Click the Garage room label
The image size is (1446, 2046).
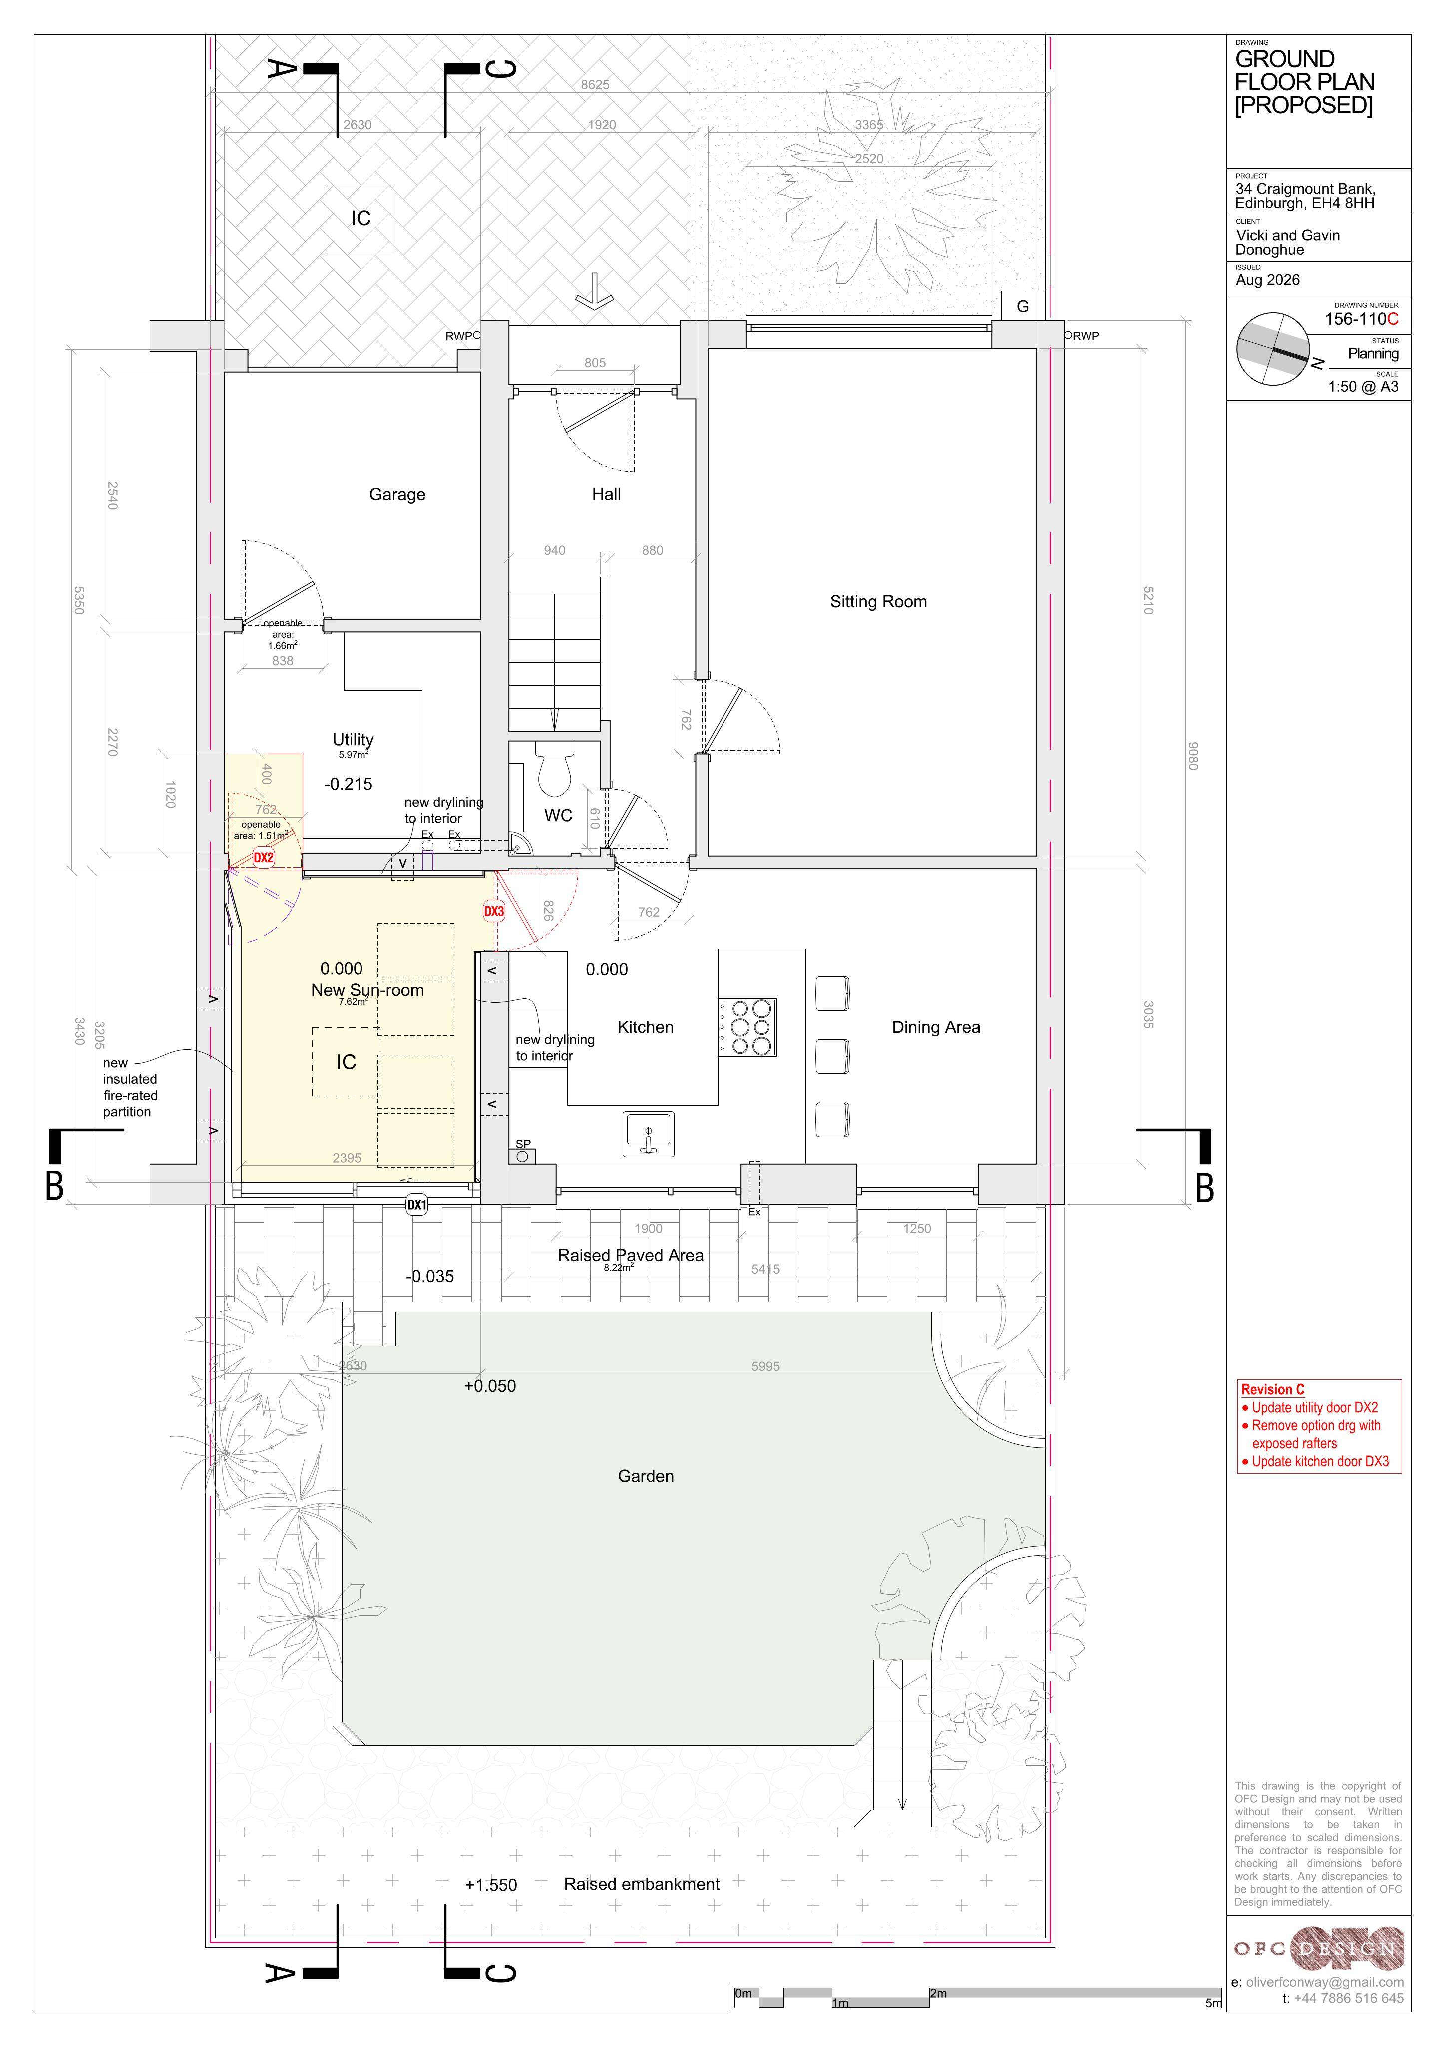(397, 495)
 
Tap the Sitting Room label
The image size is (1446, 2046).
(878, 602)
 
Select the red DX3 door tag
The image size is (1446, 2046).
(494, 912)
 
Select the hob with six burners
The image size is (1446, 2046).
(747, 1027)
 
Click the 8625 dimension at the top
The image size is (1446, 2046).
(595, 85)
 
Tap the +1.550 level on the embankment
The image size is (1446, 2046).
(491, 1886)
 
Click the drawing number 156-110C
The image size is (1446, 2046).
(1361, 319)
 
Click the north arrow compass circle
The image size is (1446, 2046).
(1272, 349)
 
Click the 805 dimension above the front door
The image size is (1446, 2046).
(595, 363)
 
